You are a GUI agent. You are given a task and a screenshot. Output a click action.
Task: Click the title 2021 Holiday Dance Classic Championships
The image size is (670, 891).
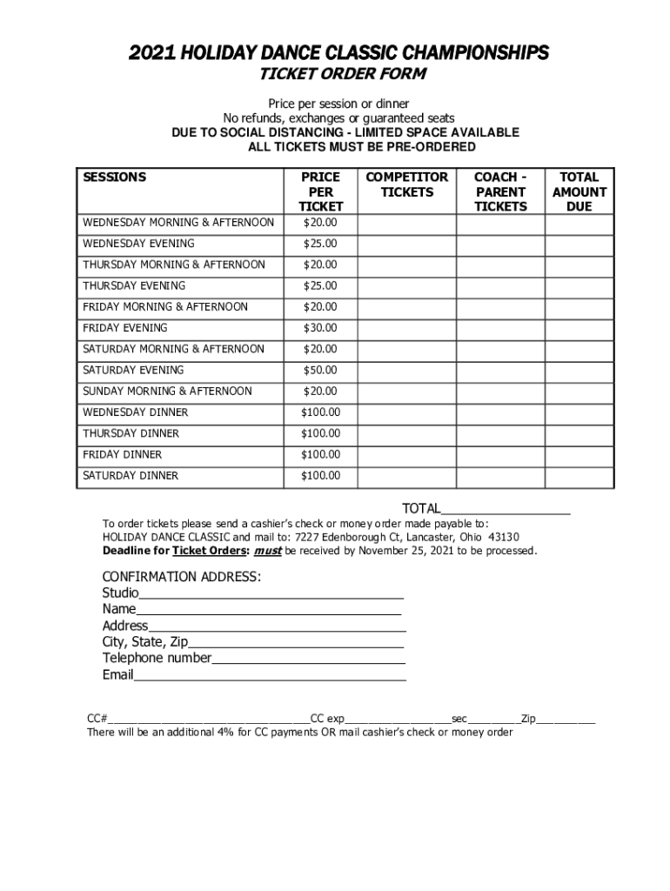(338, 54)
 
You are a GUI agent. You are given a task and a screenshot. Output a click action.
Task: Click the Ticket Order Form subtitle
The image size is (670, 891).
(338, 76)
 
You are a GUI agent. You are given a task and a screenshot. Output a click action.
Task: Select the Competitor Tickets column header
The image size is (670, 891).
(407, 184)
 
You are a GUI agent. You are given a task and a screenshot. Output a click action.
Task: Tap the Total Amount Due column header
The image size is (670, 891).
(579, 191)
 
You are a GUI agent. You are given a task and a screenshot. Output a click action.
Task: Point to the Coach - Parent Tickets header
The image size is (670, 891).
(500, 191)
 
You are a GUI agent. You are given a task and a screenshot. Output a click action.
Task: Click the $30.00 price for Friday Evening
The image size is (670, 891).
(320, 328)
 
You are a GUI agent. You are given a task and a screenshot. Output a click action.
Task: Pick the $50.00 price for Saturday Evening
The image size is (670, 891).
(320, 371)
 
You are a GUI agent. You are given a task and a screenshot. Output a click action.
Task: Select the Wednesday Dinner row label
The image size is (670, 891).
(135, 412)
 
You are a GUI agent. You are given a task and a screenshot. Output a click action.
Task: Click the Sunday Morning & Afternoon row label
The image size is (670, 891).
(167, 392)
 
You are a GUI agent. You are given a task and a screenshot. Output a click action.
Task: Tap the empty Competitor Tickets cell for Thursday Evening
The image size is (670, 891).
(407, 286)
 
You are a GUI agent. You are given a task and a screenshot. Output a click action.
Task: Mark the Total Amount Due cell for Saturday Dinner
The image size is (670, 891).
(579, 476)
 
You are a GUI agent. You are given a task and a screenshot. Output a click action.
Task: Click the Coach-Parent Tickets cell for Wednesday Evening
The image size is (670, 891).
(500, 244)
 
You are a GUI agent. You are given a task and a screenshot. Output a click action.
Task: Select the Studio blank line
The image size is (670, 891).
(271, 593)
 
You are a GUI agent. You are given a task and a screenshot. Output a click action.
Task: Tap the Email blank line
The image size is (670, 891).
(270, 675)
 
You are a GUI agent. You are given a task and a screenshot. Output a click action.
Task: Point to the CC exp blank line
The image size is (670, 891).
(398, 720)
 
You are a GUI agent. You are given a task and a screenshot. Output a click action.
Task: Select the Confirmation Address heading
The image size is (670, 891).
(181, 577)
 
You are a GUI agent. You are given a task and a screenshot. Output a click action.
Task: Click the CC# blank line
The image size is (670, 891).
(209, 720)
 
